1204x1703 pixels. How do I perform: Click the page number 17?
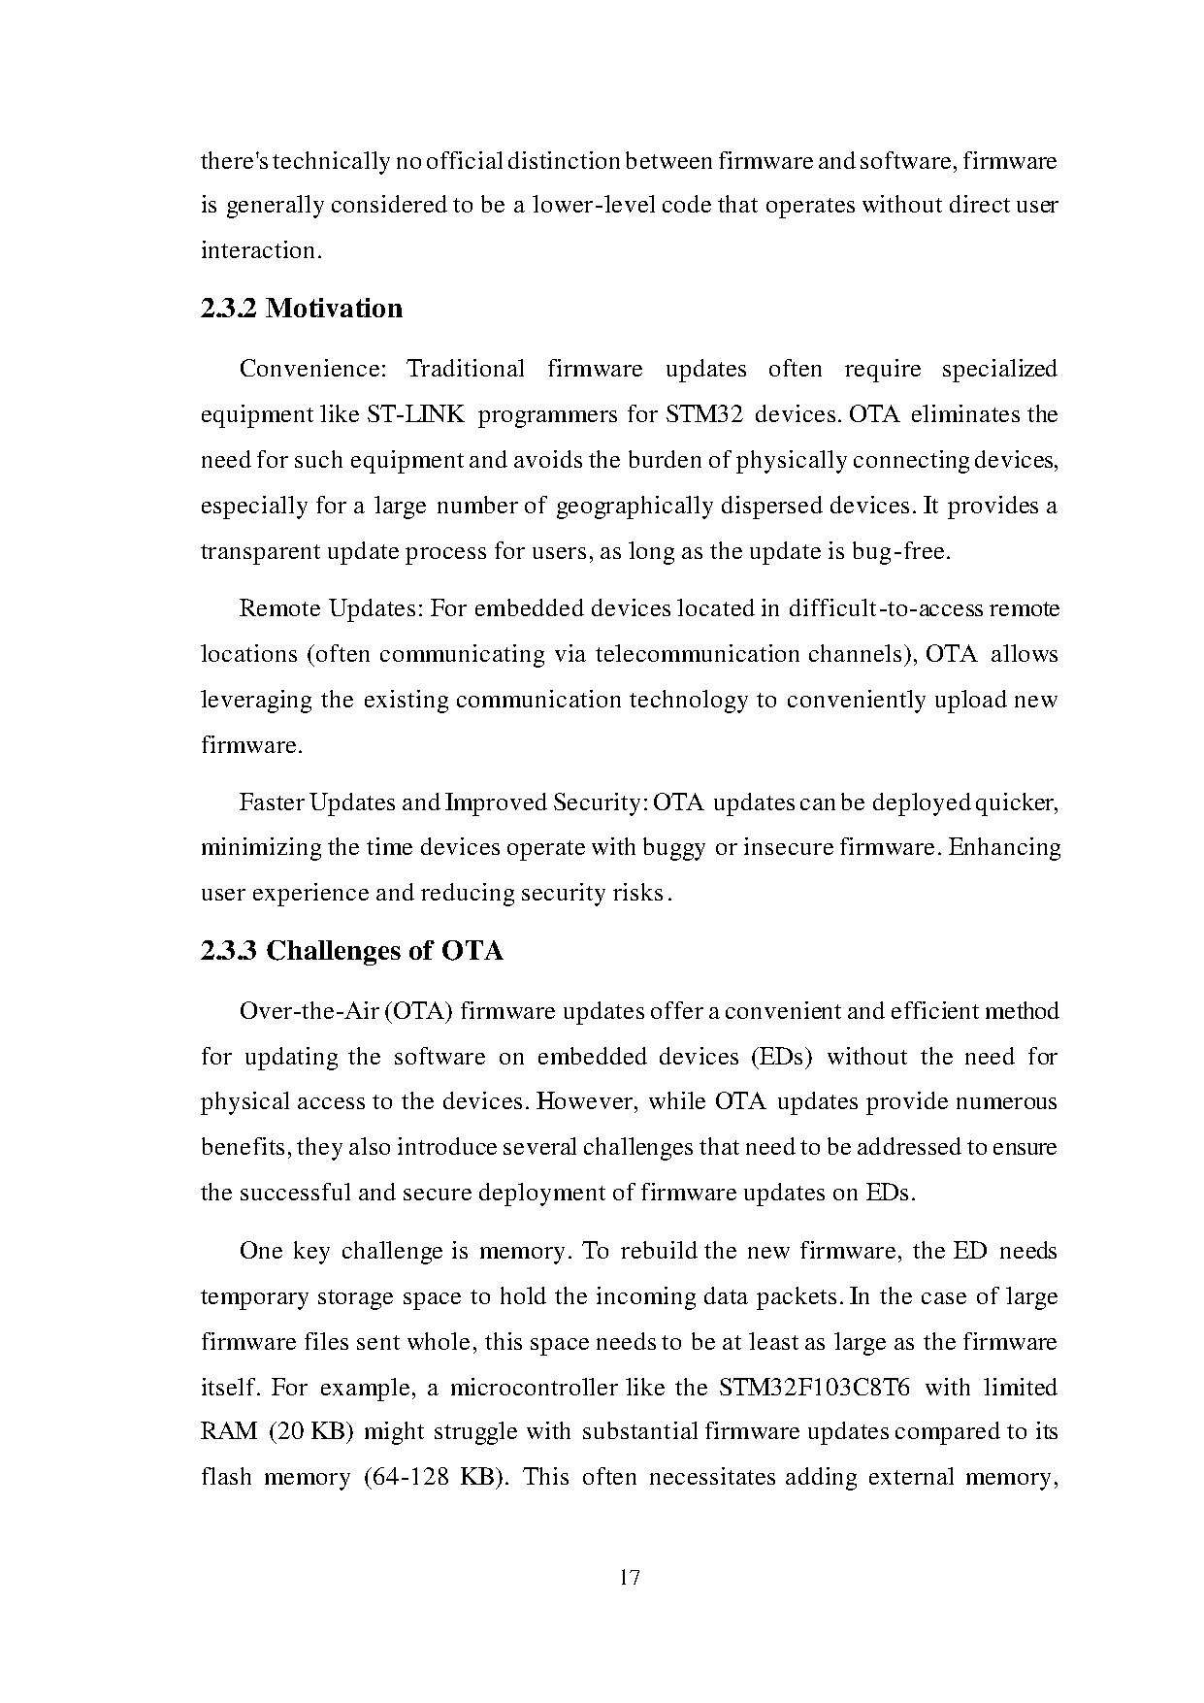(x=629, y=1577)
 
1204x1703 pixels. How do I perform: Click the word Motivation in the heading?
(x=334, y=309)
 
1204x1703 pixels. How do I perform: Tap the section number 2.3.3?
(x=229, y=951)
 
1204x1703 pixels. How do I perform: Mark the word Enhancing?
(x=1004, y=847)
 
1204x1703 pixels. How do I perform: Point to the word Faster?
(x=271, y=802)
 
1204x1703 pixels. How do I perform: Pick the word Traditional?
(x=466, y=370)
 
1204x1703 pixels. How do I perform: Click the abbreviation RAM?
(x=228, y=1432)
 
